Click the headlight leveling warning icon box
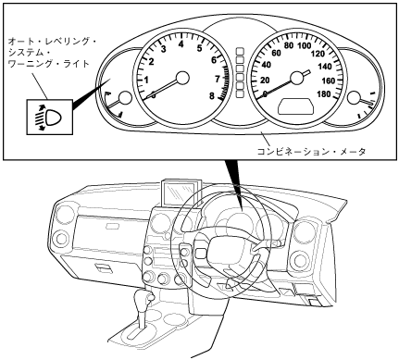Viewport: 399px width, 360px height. click(x=50, y=117)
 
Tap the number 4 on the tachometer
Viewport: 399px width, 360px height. click(x=181, y=44)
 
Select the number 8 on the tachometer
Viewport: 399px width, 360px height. click(x=211, y=96)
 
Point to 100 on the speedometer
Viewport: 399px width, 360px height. click(x=305, y=45)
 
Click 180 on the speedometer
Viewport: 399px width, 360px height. click(x=324, y=94)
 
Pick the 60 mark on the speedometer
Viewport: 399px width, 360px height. click(x=276, y=53)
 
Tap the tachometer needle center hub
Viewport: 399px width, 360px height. click(x=182, y=78)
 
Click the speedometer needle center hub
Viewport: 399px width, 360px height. click(x=297, y=78)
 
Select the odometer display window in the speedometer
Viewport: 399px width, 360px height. click(x=296, y=106)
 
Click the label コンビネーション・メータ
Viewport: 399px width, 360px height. click(x=311, y=152)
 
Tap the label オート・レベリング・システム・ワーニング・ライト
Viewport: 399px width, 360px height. click(x=52, y=52)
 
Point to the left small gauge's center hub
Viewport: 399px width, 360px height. click(x=126, y=98)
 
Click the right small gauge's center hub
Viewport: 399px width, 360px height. click(x=354, y=98)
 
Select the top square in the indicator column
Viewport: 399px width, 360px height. click(x=240, y=51)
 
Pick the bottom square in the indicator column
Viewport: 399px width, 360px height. click(x=240, y=93)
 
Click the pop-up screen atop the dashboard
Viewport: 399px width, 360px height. click(x=181, y=192)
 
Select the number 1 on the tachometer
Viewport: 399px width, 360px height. click(x=146, y=81)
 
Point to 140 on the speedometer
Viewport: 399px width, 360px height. click(x=324, y=67)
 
